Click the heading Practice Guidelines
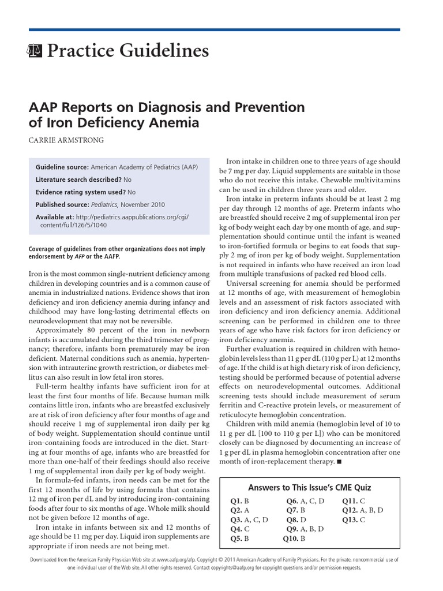(127, 51)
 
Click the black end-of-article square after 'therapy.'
(339, 462)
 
